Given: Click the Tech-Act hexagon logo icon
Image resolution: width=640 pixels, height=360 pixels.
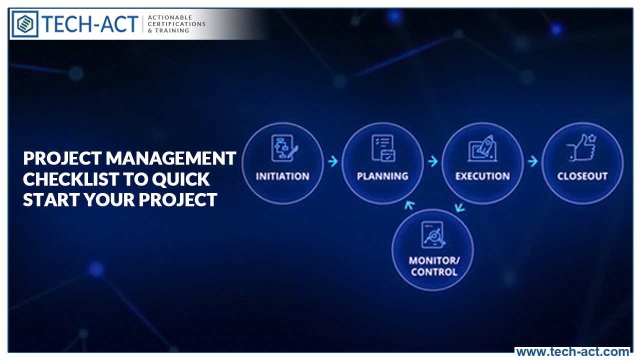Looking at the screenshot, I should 25,24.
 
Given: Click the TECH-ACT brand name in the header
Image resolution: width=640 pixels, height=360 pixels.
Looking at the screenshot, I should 90,24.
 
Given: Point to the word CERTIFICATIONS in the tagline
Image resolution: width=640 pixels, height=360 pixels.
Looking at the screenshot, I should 176,24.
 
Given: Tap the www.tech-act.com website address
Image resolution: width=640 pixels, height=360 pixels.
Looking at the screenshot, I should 572,352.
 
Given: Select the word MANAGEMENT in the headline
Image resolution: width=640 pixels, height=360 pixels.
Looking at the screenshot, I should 171,158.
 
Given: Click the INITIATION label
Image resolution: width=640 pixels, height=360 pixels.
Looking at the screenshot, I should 282,176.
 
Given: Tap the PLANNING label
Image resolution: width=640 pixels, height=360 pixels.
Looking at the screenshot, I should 382,176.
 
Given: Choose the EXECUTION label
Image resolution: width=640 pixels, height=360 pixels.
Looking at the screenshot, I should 482,176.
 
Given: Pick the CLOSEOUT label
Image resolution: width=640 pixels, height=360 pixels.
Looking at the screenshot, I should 582,176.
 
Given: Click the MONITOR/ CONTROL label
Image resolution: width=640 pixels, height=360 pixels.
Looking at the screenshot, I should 433,266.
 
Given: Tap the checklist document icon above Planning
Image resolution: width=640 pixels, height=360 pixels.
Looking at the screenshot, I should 383,148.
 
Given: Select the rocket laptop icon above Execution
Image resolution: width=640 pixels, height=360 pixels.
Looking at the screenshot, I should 482,148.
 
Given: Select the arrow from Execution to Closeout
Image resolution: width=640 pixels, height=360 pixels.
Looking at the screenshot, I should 533,161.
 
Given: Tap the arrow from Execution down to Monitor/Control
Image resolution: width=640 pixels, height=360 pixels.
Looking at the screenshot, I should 459,206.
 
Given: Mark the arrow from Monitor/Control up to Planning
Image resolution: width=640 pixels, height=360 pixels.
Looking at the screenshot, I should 409,205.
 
